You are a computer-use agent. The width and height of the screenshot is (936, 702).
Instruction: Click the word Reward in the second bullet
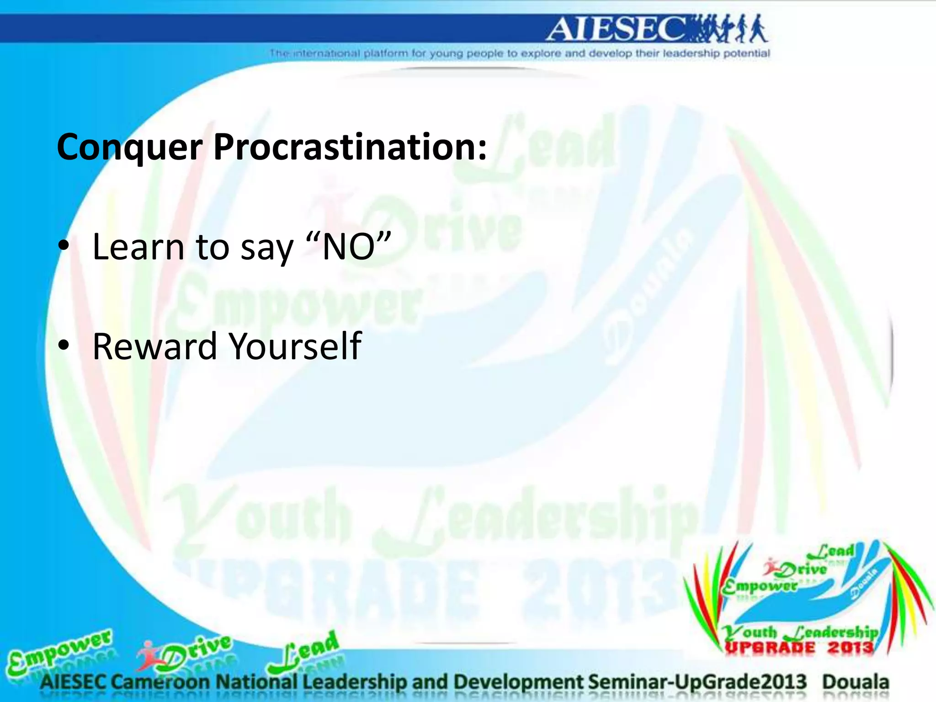pos(154,346)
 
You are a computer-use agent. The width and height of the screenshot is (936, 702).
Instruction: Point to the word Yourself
pos(295,346)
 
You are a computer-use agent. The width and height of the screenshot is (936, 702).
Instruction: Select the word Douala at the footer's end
pos(856,682)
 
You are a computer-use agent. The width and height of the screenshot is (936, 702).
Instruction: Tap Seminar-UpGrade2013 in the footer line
pos(697,682)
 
